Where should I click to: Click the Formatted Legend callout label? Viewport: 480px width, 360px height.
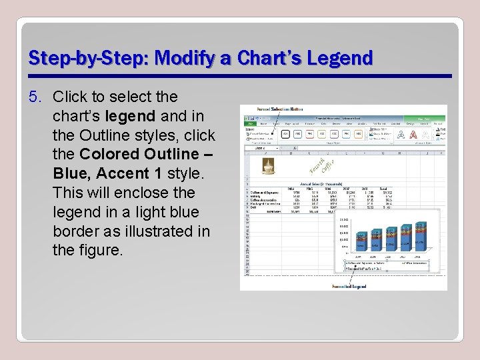tap(349, 286)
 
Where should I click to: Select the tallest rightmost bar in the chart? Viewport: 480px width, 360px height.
tap(421, 237)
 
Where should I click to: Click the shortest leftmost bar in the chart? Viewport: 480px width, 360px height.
tap(361, 241)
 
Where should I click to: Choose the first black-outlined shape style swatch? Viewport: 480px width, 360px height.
tap(285, 133)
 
